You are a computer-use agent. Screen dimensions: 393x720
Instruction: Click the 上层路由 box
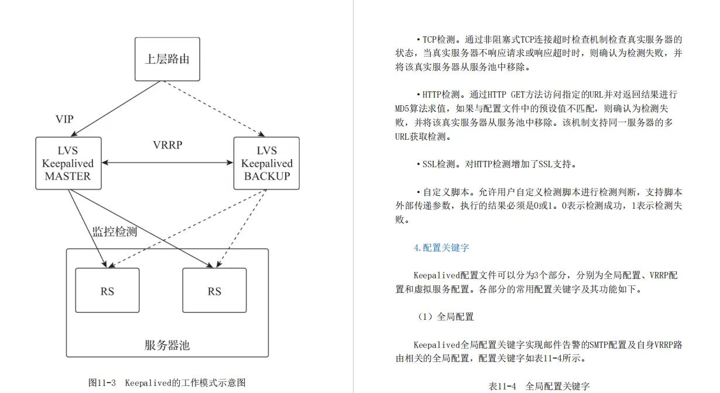point(167,59)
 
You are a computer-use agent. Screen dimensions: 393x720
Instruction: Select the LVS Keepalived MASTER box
point(68,163)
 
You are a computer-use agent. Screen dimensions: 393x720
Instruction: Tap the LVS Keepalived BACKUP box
point(266,163)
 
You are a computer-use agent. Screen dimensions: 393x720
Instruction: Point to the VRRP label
point(167,145)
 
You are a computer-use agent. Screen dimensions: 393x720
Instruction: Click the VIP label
point(64,119)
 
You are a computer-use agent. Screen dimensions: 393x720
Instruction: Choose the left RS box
point(107,291)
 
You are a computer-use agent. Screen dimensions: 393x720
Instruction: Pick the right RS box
point(214,291)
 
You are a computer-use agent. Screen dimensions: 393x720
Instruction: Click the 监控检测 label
point(115,231)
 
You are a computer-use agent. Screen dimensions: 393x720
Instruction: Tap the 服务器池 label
point(167,345)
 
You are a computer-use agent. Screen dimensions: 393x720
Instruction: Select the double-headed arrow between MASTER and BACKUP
point(167,164)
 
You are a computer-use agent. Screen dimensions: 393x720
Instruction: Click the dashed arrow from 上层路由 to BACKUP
point(214,109)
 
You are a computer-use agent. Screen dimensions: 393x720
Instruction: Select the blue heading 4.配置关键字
point(441,247)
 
